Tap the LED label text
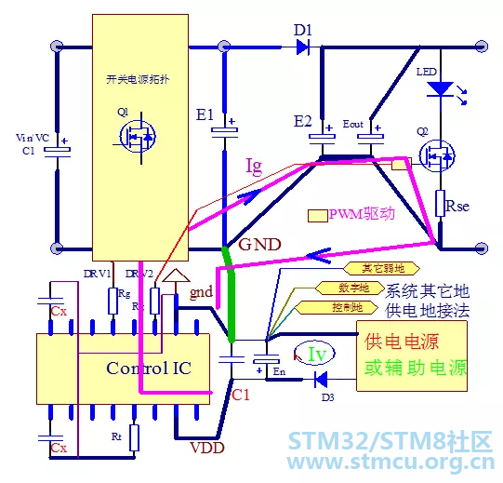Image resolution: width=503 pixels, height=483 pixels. [426, 72]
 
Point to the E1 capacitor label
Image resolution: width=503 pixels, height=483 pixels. [205, 115]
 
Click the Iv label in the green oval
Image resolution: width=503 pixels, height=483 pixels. [317, 354]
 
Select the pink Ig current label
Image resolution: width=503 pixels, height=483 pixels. [254, 167]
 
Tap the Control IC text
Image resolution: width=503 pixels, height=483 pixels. [149, 368]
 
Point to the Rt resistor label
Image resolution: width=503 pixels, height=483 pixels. [116, 436]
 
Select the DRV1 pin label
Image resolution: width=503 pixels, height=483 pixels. [97, 274]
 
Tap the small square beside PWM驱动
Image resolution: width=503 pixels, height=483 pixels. [316, 215]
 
